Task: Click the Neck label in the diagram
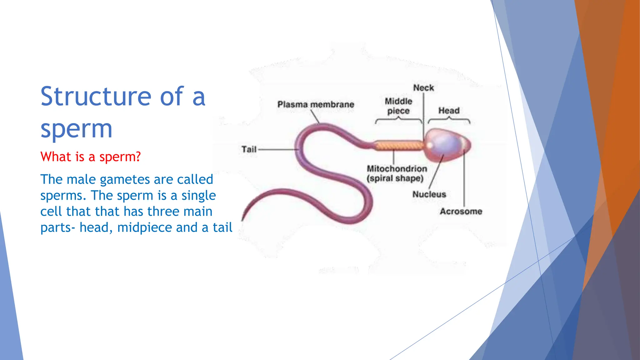point(423,88)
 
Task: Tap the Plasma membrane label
point(316,104)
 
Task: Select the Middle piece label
point(398,106)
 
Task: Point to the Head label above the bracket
point(449,111)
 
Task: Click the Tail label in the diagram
point(249,149)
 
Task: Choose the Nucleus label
point(429,194)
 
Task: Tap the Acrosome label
point(461,212)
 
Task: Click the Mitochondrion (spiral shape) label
point(397,173)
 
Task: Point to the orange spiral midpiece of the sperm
point(398,146)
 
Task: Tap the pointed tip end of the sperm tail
point(243,219)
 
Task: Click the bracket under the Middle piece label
point(398,120)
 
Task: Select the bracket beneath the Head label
point(449,120)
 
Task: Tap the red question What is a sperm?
point(91,157)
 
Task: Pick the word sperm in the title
point(76,129)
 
